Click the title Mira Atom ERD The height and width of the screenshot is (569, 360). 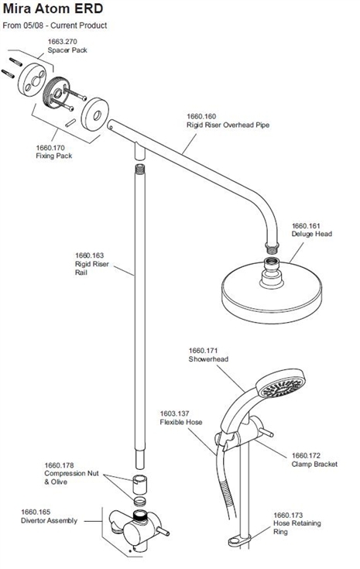[53, 9]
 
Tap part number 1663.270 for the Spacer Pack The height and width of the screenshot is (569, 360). [63, 42]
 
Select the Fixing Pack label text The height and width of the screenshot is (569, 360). [54, 156]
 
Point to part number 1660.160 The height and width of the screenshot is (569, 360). [201, 116]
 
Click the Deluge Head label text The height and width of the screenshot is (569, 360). [312, 234]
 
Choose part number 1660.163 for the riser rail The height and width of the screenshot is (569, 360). [89, 255]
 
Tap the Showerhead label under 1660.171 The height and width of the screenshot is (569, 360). [208, 359]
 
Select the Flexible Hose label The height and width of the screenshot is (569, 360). [181, 422]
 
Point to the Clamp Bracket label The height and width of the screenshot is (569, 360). [314, 464]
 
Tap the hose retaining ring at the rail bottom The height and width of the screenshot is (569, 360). [239, 541]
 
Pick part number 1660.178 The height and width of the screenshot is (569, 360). [59, 465]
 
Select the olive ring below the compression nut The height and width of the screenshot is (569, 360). [140, 502]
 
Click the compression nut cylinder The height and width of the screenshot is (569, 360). [139, 485]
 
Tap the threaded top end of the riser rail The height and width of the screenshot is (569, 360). [139, 169]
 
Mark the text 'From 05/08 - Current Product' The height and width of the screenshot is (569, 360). [55, 26]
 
